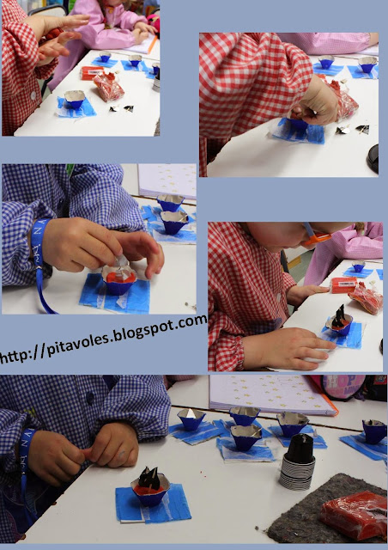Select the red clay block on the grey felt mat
coord(355,515)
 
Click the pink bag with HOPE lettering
coord(343,387)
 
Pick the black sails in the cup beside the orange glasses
coord(339,316)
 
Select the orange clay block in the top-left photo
coord(92,72)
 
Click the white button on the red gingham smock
coord(33,95)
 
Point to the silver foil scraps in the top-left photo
coord(122,109)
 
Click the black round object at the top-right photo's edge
coord(373,158)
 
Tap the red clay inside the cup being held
coord(120,277)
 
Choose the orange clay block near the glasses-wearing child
coord(343,284)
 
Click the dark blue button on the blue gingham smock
coord(89,397)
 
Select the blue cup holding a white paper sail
coord(191,419)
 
